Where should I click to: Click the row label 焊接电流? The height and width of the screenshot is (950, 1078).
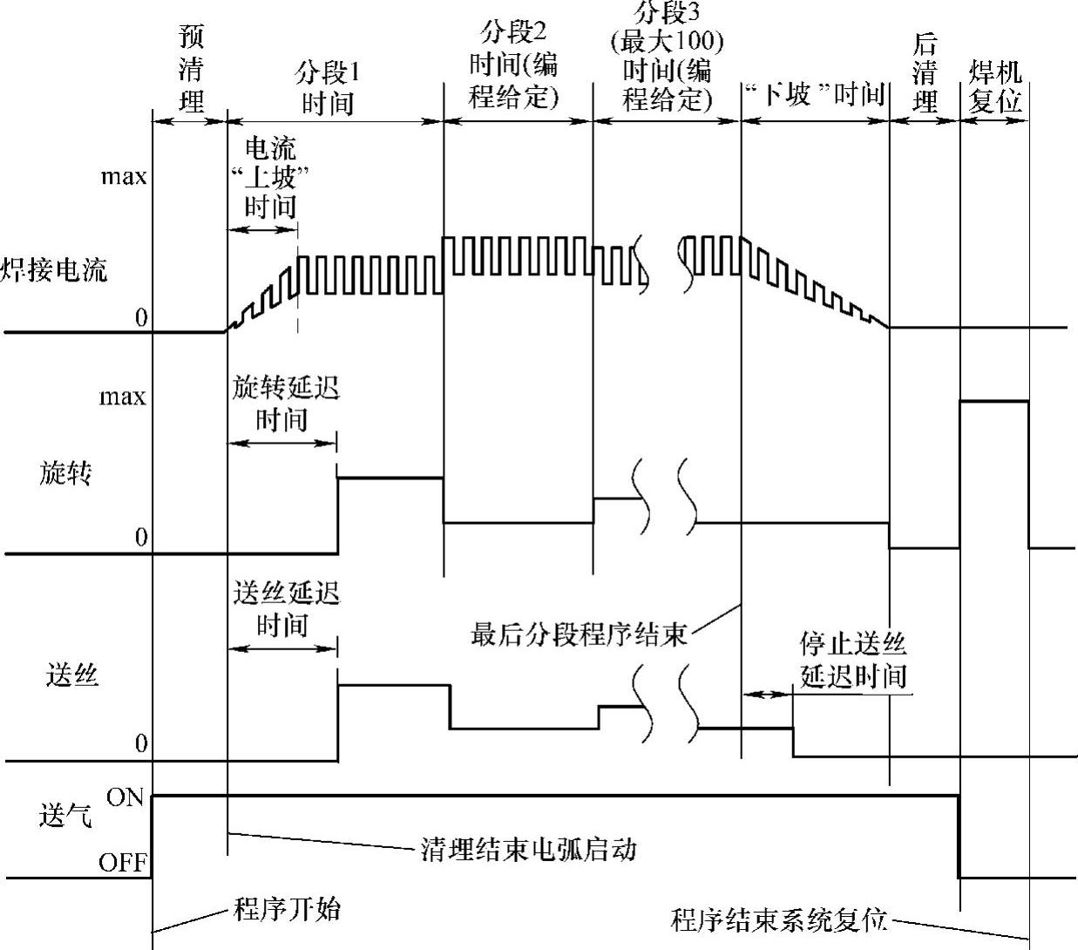click(54, 271)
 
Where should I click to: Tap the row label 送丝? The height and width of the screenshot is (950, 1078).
click(71, 675)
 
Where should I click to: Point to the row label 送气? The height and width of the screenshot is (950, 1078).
click(65, 818)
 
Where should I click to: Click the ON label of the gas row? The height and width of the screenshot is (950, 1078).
click(125, 797)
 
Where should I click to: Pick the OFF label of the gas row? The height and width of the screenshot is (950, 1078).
click(122, 863)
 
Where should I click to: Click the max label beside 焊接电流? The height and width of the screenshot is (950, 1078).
click(123, 177)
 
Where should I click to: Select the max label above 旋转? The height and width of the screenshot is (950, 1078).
click(123, 397)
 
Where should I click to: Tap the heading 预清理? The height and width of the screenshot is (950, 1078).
click(191, 69)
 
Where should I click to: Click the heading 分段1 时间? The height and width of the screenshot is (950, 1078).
click(328, 87)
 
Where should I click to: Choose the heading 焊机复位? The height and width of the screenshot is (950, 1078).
click(994, 87)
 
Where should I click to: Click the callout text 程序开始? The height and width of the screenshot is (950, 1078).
click(288, 910)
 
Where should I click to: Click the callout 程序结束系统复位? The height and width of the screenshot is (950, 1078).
click(778, 919)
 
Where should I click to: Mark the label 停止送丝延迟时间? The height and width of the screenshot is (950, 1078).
click(853, 660)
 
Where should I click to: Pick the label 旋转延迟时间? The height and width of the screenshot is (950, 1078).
click(285, 403)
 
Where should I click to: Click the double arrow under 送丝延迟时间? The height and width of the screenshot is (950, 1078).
click(282, 648)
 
